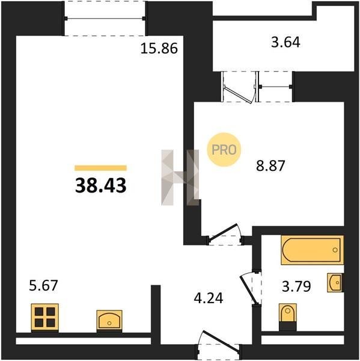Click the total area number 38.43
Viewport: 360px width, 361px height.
[101, 185]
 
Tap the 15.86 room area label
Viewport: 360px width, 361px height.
[159, 48]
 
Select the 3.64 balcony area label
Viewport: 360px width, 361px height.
[285, 42]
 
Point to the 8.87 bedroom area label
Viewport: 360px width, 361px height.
[270, 165]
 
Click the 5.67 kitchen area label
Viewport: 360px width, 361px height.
[43, 285]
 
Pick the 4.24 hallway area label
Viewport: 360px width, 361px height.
[209, 298]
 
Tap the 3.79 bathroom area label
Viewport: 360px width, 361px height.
[296, 286]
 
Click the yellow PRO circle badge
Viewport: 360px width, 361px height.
[224, 150]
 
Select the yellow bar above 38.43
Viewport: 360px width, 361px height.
[100, 168]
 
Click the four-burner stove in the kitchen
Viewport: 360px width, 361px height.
[45, 318]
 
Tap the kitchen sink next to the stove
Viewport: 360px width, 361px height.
[109, 321]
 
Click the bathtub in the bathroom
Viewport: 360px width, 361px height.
[312, 250]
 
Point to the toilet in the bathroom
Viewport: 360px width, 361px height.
[287, 316]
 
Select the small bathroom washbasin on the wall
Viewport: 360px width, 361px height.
[335, 283]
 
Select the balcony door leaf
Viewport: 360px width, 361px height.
[239, 95]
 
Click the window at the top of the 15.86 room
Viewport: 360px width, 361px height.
[105, 19]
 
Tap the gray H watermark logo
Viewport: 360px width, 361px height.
[180, 177]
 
